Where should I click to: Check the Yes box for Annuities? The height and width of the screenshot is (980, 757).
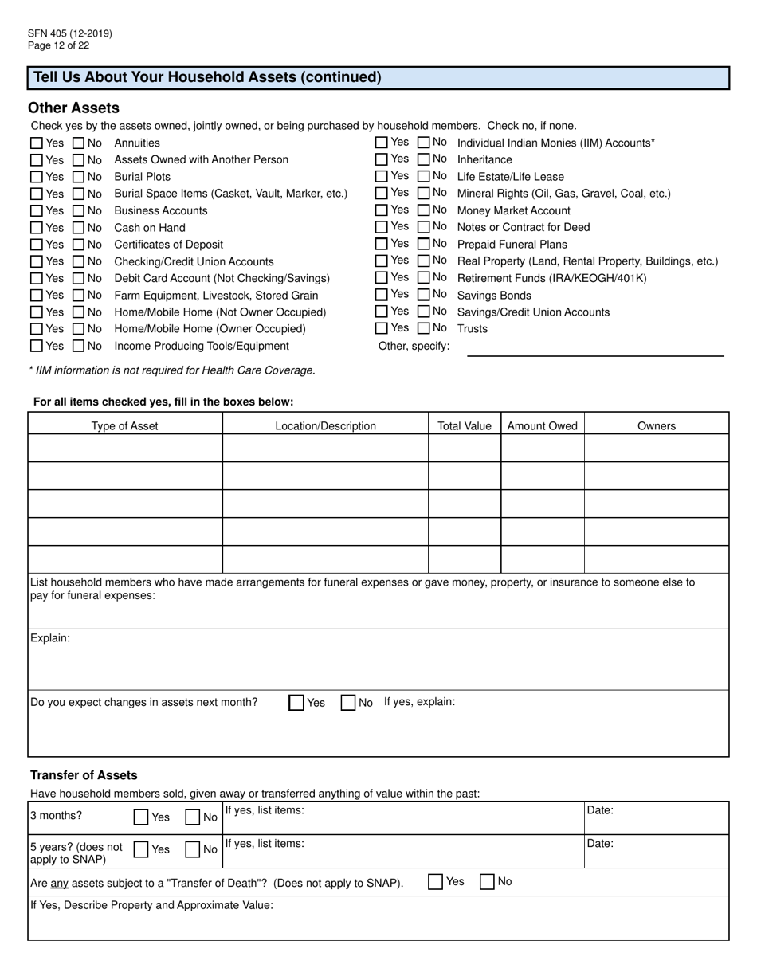[x=37, y=143]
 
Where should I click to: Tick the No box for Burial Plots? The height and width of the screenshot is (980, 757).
[x=79, y=177]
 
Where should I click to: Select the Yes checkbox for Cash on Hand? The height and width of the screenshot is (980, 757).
[x=37, y=228]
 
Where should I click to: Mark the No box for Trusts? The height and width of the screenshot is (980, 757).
[x=424, y=328]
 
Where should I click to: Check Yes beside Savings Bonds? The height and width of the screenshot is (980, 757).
[x=382, y=295]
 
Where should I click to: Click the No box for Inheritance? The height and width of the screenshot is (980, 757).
[x=424, y=159]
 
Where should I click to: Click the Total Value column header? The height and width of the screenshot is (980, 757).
[x=465, y=426]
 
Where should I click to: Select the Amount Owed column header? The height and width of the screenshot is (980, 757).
[x=542, y=426]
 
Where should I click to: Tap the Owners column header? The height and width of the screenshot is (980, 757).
[x=657, y=426]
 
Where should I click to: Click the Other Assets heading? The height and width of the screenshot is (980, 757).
[x=73, y=108]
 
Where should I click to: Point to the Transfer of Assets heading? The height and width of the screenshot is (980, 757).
[x=84, y=775]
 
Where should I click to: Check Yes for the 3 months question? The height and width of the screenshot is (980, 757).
[x=141, y=817]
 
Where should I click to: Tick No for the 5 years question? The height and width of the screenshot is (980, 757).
[x=192, y=849]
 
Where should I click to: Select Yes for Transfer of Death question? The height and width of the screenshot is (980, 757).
[x=435, y=882]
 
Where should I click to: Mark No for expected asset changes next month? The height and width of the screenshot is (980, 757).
[x=348, y=703]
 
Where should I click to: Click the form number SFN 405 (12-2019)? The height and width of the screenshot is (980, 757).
[x=69, y=33]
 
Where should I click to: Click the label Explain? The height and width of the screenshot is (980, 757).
[x=50, y=638]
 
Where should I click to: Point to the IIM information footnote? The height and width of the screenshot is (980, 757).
[x=172, y=370]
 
